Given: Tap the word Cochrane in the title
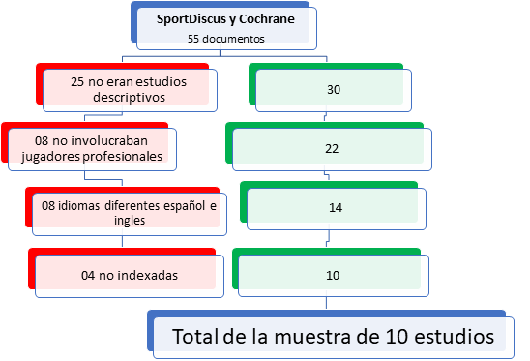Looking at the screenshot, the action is [267, 19].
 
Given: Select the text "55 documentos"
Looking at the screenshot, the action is [226, 39].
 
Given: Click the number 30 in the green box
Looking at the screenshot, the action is [334, 90].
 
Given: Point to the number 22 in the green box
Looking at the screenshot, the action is [332, 148].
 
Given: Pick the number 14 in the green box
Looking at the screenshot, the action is [336, 207].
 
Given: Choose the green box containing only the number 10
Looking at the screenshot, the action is [334, 276].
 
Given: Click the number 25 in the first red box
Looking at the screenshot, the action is [77, 82].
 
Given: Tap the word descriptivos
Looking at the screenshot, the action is [130, 98].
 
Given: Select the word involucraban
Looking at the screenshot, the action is [107, 140].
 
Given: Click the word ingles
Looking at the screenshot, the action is [130, 221].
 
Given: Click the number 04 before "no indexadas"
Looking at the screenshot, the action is [88, 276].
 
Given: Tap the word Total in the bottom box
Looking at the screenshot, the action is [195, 337].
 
